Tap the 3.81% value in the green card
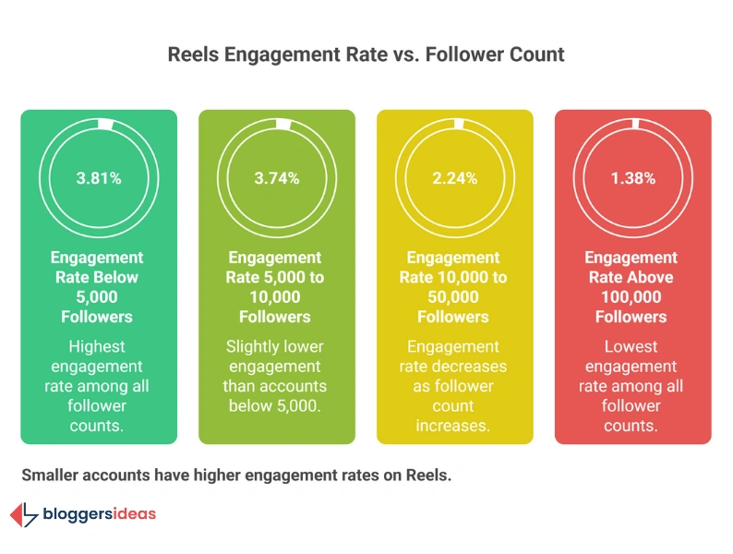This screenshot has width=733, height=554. (98, 178)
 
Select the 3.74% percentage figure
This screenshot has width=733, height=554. (276, 178)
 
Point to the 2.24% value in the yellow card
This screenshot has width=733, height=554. (454, 178)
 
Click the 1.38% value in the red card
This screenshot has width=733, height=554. (632, 178)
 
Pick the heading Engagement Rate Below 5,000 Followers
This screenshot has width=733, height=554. (98, 287)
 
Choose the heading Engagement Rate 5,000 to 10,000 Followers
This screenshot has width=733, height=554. (276, 287)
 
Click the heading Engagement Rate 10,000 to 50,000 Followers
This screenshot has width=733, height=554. (454, 287)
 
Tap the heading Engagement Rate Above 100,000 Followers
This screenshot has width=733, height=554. (632, 287)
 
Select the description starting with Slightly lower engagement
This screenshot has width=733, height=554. (276, 376)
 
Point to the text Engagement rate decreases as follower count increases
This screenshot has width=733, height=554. (454, 386)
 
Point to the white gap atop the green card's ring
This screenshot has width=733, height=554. (104, 125)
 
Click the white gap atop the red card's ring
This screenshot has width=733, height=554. (640, 125)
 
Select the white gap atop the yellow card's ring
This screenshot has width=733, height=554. (462, 125)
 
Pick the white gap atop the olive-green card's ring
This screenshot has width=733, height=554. (283, 125)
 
